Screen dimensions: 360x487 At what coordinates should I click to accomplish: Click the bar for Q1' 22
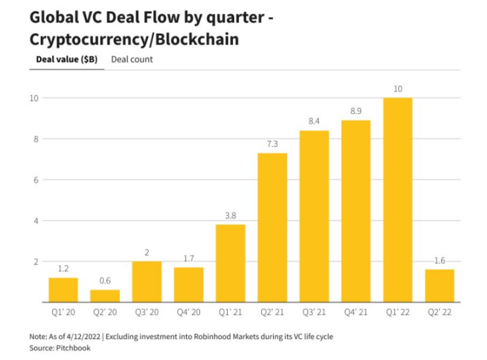click(397, 200)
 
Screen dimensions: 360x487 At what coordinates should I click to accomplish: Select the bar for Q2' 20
click(105, 296)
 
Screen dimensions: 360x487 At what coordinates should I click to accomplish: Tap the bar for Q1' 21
click(230, 263)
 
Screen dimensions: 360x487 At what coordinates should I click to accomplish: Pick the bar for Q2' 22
click(440, 286)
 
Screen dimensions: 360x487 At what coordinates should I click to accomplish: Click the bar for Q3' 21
click(314, 217)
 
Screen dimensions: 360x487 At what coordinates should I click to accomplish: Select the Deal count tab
click(132, 59)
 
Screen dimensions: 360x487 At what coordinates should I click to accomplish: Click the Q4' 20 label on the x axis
click(188, 312)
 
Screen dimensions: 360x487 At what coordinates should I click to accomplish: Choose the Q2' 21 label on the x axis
click(272, 312)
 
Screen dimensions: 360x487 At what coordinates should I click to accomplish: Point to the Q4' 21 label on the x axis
click(355, 312)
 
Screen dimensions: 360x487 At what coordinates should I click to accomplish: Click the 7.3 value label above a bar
click(272, 143)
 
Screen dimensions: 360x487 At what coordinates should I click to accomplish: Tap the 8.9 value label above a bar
click(355, 111)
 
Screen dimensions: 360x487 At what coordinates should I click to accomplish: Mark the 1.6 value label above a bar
click(440, 260)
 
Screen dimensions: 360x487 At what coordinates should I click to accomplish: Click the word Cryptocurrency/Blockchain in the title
click(134, 39)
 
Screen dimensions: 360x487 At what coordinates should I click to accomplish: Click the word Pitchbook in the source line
click(72, 347)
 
